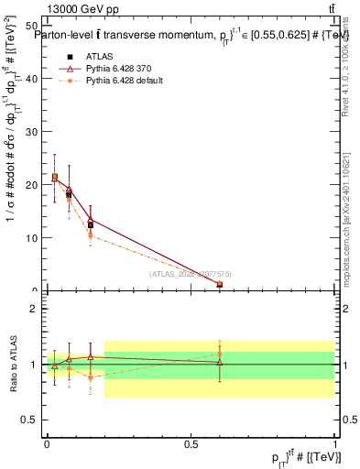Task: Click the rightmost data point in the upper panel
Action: (x=220, y=285)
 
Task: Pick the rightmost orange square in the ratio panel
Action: (x=220, y=354)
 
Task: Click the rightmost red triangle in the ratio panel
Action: (x=220, y=363)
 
